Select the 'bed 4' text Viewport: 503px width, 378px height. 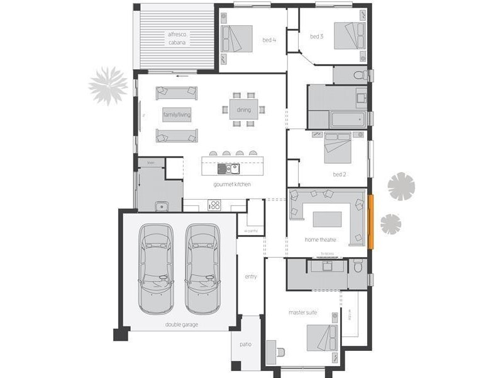[269, 40]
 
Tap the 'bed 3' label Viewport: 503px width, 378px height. [316, 37]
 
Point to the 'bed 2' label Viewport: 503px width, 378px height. [340, 174]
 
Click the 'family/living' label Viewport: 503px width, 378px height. [177, 115]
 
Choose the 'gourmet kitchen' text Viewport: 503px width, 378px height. [232, 184]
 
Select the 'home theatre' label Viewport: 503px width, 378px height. [320, 239]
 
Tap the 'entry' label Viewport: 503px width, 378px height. [251, 277]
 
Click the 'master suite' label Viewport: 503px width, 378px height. [302, 312]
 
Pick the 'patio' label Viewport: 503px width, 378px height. [246, 345]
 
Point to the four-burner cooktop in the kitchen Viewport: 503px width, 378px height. [214, 204]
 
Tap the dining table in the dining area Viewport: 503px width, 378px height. [243, 110]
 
